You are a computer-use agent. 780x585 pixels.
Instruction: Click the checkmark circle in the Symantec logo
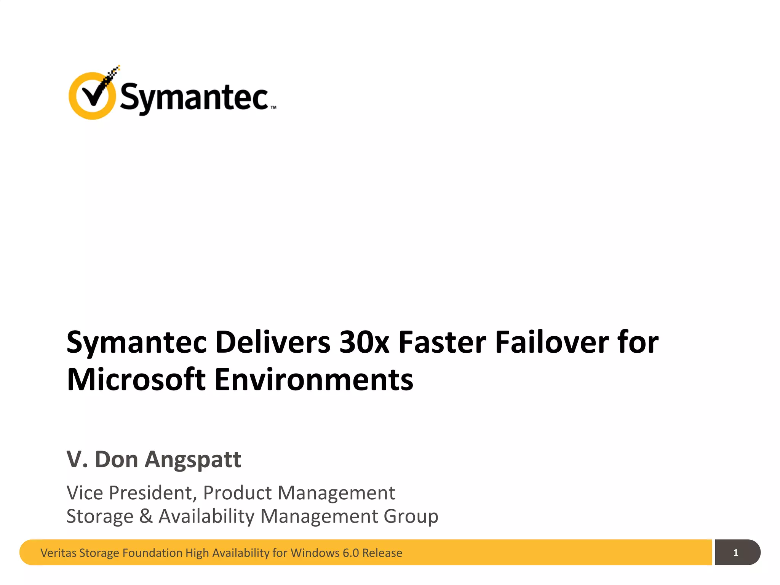92,96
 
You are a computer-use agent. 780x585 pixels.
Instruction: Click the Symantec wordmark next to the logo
194,97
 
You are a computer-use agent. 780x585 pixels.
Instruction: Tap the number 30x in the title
364,342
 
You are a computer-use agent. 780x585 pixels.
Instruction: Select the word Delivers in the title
273,342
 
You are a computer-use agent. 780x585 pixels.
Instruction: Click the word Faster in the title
442,342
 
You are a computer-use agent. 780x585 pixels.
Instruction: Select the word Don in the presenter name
116,459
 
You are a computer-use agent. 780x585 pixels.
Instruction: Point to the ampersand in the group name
146,516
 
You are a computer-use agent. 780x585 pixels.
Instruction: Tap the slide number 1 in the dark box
735,553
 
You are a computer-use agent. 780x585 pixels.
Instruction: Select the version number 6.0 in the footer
350,553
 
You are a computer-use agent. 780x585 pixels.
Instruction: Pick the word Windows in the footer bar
314,553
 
